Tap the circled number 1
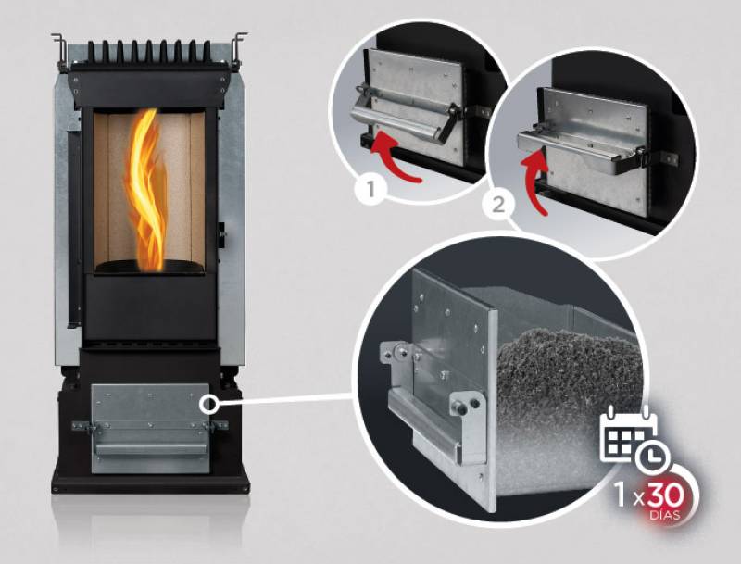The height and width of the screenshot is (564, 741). (371, 190)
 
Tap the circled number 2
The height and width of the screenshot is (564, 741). (498, 206)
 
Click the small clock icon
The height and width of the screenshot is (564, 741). (652, 457)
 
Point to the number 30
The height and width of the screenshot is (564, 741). (666, 495)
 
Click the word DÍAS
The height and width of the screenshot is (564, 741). (665, 515)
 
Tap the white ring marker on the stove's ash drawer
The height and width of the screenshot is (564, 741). (207, 404)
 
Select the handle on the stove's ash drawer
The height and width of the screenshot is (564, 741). (150, 448)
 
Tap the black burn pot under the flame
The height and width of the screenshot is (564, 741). (149, 267)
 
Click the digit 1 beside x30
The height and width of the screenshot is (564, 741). (620, 495)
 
